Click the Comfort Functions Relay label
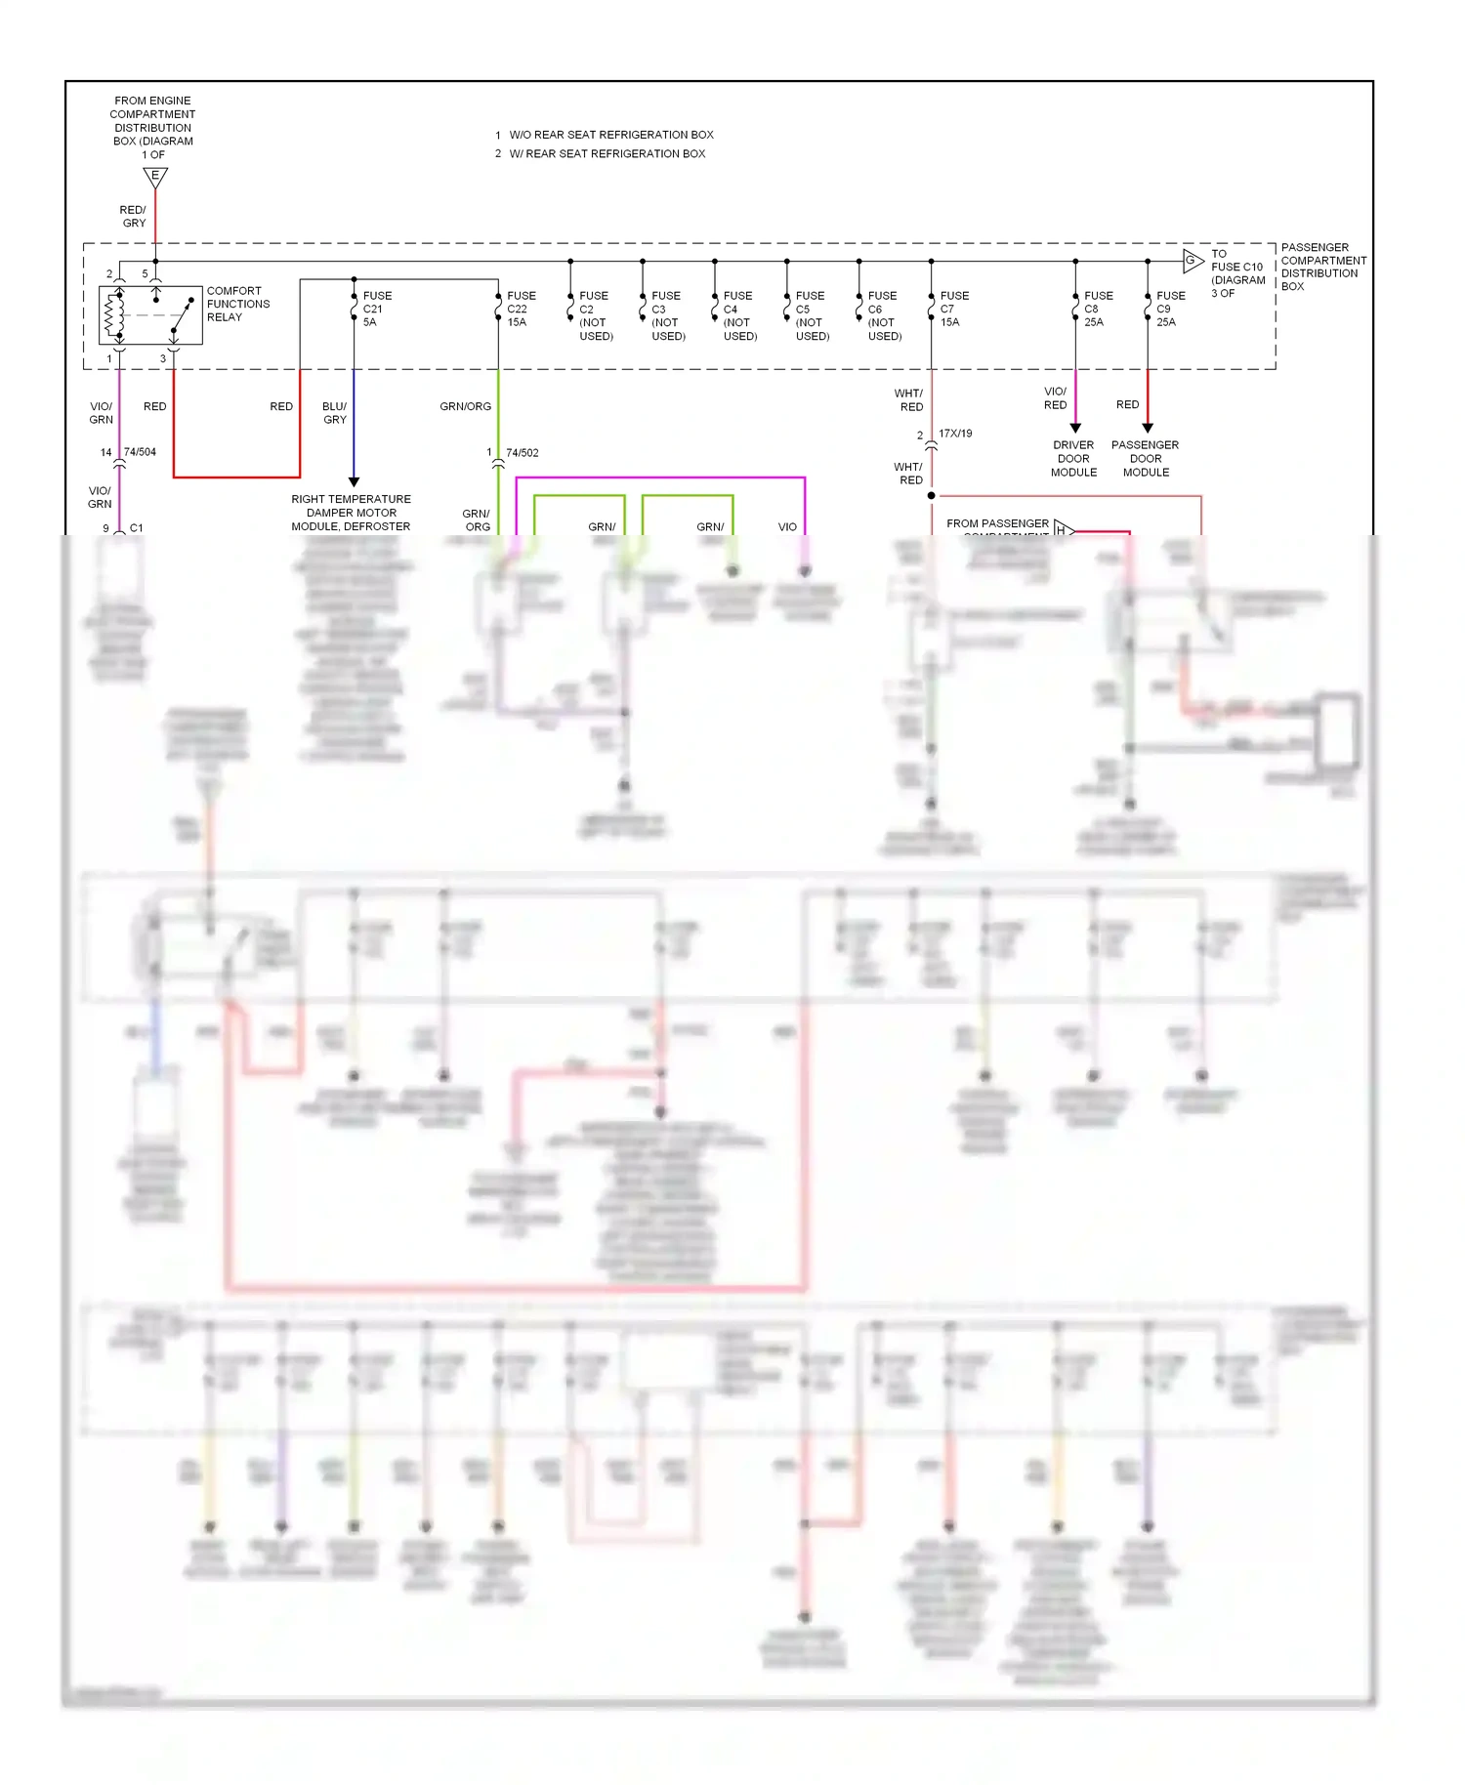click(237, 304)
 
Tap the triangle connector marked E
click(155, 177)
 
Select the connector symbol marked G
click(1192, 260)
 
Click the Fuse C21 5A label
click(376, 309)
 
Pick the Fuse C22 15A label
click(521, 309)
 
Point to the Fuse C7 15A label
click(953, 309)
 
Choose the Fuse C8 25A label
click(1098, 309)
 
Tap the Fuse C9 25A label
click(1170, 309)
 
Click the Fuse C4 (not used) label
click(739, 315)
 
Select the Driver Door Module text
click(1073, 458)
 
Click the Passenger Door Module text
click(1145, 458)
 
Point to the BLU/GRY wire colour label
click(334, 413)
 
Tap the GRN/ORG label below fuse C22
click(465, 406)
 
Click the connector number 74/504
click(140, 452)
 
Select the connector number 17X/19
click(955, 434)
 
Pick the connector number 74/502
click(522, 453)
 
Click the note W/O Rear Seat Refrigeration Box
click(610, 135)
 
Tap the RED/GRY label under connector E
click(133, 216)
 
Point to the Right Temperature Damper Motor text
click(351, 506)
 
